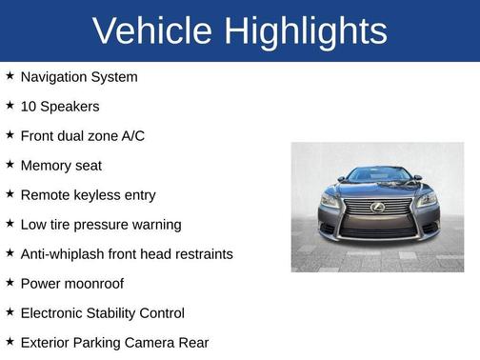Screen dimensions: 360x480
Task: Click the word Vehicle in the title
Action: (153, 31)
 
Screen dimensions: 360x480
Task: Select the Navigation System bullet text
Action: (79, 77)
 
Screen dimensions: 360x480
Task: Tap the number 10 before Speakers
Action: (28, 107)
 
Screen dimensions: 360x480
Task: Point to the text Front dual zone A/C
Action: (83, 136)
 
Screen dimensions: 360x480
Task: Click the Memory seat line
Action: (61, 166)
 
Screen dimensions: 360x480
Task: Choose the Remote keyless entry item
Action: (88, 195)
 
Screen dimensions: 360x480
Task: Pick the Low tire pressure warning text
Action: (100, 225)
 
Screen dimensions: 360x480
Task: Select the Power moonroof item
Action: (71, 284)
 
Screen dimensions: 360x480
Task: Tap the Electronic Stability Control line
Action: (102, 313)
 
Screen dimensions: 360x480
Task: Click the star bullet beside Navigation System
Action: (10, 76)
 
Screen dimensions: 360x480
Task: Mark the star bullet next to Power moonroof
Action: (10, 283)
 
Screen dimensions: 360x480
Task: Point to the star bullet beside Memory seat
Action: (10, 165)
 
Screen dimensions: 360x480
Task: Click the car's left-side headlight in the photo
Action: (330, 201)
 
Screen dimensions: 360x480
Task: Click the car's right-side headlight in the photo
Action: (426, 201)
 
